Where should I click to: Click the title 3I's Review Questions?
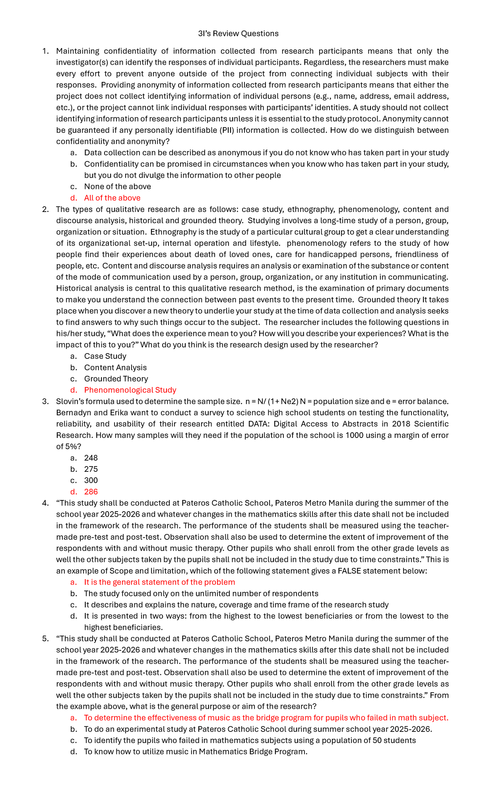[238, 33]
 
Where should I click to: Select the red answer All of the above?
[112, 198]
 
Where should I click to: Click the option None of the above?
[117, 187]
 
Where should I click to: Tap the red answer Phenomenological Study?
[130, 390]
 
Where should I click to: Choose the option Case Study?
[105, 356]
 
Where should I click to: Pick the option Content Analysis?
[115, 368]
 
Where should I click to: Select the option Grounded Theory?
[116, 379]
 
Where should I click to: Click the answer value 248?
[91, 458]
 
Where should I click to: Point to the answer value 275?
[91, 469]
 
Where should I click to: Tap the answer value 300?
[91, 481]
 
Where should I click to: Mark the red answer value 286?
[91, 492]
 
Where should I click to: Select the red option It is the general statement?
[159, 582]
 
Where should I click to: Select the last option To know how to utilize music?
[196, 752]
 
